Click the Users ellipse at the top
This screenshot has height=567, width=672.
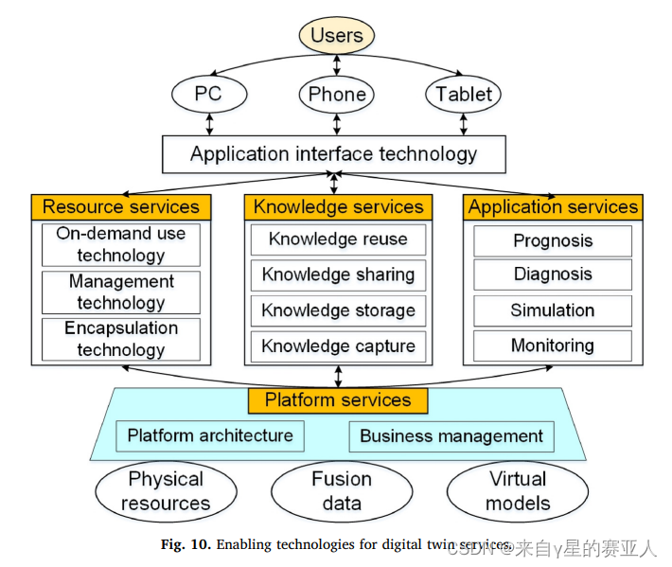pos(337,36)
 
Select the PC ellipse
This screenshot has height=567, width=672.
pos(209,94)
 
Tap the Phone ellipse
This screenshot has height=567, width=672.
pos(337,94)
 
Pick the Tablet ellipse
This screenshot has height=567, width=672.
pos(463,94)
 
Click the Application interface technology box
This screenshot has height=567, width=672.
pos(333,153)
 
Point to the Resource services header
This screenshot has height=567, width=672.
pos(121,206)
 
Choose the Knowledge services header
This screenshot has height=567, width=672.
pos(338,206)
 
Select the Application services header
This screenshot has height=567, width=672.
pos(553,206)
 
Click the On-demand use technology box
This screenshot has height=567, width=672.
pos(121,244)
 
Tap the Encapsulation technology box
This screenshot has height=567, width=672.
pos(121,339)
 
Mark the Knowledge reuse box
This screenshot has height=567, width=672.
pos(338,239)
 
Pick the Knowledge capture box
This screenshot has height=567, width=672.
pos(338,346)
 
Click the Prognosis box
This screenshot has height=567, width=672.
pos(553,240)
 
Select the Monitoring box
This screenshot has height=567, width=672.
pos(553,346)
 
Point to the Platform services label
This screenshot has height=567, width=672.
pos(338,399)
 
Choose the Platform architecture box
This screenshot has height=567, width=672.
pos(210,435)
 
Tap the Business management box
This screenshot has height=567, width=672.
pos(451,436)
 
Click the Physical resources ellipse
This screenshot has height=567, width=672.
pos(166,490)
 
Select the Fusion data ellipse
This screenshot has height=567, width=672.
pos(342,490)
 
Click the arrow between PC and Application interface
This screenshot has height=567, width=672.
pos(209,123)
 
